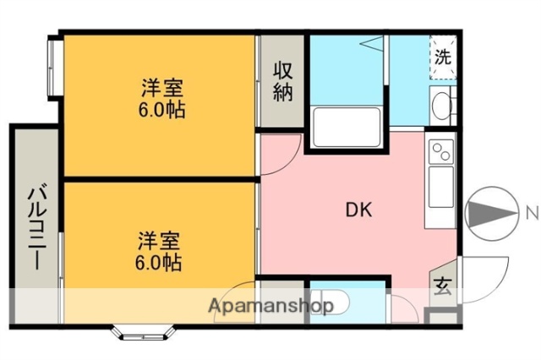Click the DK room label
(x=355, y=211)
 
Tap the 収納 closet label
(x=282, y=81)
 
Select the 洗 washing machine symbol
(x=443, y=58)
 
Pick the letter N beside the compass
(x=531, y=211)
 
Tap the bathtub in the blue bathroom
(x=345, y=128)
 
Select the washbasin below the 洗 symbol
(x=443, y=106)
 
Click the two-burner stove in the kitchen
(x=441, y=152)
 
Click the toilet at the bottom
(x=333, y=303)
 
